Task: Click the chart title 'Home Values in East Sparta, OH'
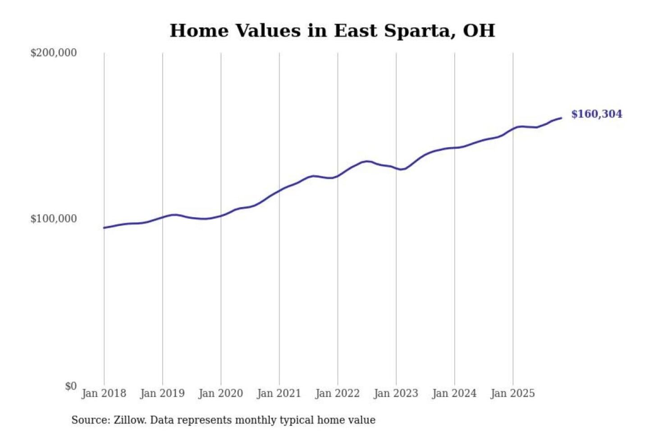332,31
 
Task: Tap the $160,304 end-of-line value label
596,114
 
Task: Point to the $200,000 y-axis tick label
54,53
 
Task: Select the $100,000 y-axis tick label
54,219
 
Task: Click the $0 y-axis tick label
71,386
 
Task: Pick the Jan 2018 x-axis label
104,393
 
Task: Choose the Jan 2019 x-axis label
162,393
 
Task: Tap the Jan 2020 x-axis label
220,393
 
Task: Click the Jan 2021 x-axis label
279,393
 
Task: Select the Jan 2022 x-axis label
338,393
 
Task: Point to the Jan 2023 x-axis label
396,393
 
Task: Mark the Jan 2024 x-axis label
454,393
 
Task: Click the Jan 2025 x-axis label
512,393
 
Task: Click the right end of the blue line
561,118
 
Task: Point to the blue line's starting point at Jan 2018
104,228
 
